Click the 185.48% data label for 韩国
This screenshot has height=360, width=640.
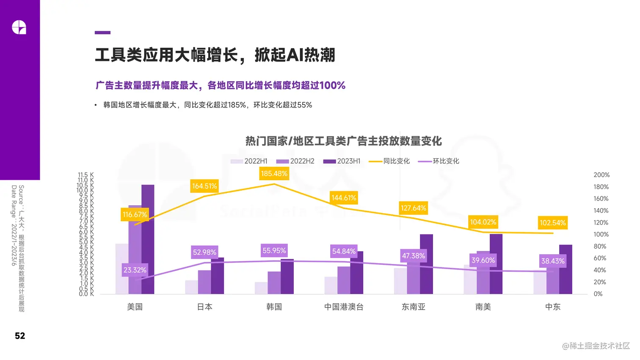pos(274,174)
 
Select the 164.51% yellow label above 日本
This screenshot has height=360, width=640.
pos(204,186)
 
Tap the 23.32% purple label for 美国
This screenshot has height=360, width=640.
pos(135,270)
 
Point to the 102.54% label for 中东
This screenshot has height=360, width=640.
pos(552,223)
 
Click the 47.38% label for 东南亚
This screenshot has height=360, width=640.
pos(413,256)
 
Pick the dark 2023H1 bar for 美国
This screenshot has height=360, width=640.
pos(148,239)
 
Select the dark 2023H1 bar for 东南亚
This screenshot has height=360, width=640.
pos(426,264)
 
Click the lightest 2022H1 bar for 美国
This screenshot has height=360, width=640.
pos(121,269)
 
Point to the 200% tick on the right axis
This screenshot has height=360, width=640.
pos(601,175)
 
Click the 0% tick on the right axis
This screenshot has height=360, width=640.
pos(598,294)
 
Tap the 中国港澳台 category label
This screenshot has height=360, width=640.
pos(344,307)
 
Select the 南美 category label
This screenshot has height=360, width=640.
pos(483,307)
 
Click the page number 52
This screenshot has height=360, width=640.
pos(20,336)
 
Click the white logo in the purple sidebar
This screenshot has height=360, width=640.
pos(19,27)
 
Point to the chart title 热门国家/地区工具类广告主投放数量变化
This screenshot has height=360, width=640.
pos(343,141)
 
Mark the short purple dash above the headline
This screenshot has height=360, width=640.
pos(102,33)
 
